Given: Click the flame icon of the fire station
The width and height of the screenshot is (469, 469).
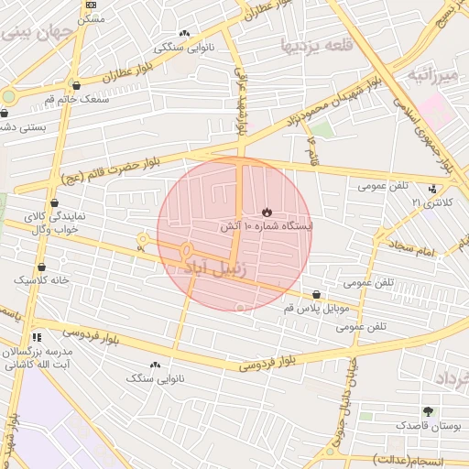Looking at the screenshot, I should [267, 212].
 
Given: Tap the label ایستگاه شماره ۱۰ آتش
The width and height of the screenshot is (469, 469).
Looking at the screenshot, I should [267, 225].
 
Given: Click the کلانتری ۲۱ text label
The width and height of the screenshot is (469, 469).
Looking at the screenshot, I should [404, 202].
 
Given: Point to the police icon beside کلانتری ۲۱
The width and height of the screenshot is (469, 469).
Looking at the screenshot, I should [431, 202].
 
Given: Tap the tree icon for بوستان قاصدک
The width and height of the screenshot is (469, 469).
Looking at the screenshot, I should [428, 411].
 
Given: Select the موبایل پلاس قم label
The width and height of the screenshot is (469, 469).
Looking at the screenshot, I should [316, 309].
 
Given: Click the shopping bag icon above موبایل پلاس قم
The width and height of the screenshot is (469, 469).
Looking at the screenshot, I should [316, 295].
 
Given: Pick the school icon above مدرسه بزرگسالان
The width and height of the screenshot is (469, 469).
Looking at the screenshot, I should [36, 337].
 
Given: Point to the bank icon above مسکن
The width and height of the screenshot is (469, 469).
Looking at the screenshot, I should [89, 5].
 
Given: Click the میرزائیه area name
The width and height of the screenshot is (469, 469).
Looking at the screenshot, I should [431, 73].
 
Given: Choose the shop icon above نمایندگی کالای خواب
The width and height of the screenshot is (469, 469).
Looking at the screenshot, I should [55, 202].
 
